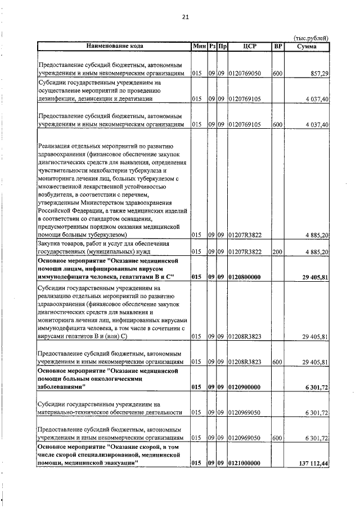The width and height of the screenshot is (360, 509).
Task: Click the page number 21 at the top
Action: click(x=185, y=17)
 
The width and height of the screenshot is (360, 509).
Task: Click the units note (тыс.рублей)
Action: click(x=311, y=38)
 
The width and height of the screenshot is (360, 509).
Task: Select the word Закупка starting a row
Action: click(x=51, y=244)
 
